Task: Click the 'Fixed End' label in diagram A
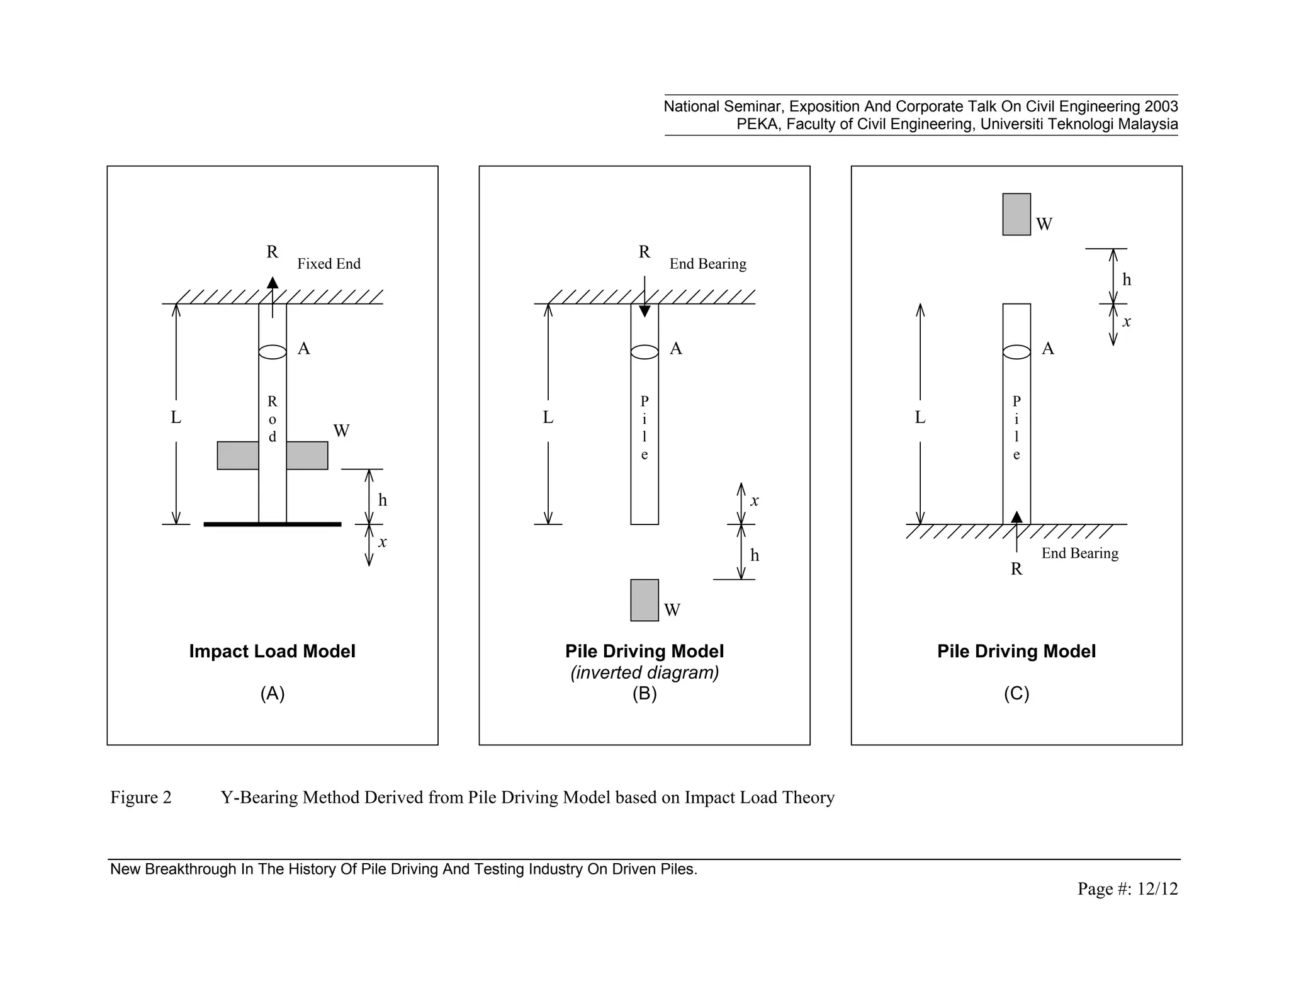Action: tap(329, 264)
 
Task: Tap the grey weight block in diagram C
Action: tap(1016, 215)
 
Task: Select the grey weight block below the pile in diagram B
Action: tap(644, 600)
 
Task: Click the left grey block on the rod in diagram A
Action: tap(238, 455)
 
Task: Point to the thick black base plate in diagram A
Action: tap(273, 524)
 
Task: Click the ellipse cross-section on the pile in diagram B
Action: tap(644, 352)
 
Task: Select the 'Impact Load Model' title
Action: tap(272, 651)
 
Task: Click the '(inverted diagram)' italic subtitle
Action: tap(644, 673)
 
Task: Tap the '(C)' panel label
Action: tap(1016, 694)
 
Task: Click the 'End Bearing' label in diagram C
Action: tap(1079, 553)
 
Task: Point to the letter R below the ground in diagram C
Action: tap(1016, 569)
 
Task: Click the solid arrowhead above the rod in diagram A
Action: tap(273, 282)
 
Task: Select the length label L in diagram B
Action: tap(548, 417)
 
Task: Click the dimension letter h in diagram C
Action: tap(1127, 280)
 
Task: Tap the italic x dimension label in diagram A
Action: tap(382, 542)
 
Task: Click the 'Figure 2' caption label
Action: tap(141, 798)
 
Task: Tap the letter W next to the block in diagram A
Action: tap(341, 431)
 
